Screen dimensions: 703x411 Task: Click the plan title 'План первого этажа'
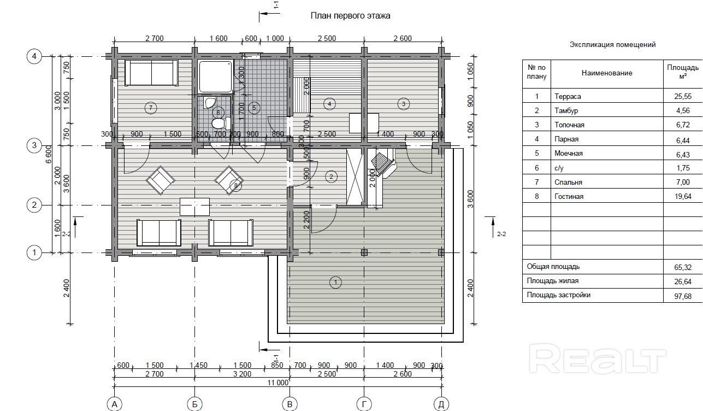coord(350,16)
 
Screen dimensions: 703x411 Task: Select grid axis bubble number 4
coord(34,56)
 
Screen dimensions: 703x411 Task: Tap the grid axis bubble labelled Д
coord(441,404)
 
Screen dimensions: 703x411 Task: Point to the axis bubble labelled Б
coord(194,404)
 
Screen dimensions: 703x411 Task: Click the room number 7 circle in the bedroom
coord(151,108)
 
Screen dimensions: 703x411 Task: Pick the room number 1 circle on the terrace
coord(335,282)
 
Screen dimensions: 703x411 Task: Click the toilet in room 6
coord(221,123)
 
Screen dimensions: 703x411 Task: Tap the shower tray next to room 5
coord(216,77)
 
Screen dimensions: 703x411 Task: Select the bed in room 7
coord(151,73)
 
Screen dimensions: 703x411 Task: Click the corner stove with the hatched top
coord(383,163)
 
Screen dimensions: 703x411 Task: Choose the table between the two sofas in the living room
coord(194,207)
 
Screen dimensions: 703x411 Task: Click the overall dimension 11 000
coord(277,383)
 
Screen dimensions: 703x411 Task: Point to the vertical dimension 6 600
coord(49,154)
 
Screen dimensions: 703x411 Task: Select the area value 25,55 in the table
coord(683,96)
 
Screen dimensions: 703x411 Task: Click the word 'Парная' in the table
coord(566,139)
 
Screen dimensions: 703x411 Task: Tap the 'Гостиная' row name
coord(569,197)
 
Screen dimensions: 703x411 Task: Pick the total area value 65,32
coord(683,267)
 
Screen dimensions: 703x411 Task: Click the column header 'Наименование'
coord(607,73)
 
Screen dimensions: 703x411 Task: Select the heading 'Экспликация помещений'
coord(613,45)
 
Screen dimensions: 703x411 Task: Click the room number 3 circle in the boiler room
coord(404,104)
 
